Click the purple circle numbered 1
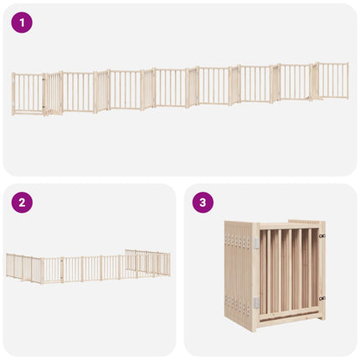pos(22,23)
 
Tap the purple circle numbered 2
pos(22,203)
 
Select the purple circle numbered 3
pos(203,203)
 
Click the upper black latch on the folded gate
pos(322,236)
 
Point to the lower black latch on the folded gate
pos(322,298)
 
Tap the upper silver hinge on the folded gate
pos(256,243)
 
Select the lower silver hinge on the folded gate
pos(256,303)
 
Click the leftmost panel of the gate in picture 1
pos(28,94)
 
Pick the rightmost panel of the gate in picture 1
pos(332,80)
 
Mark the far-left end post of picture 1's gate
pos(13,94)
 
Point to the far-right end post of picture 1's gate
pos(347,80)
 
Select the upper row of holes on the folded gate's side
pos(238,240)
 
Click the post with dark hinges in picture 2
pos(62,270)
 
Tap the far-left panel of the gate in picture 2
pos(10,265)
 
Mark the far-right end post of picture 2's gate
pos(169,265)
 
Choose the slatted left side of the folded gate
pos(239,275)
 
